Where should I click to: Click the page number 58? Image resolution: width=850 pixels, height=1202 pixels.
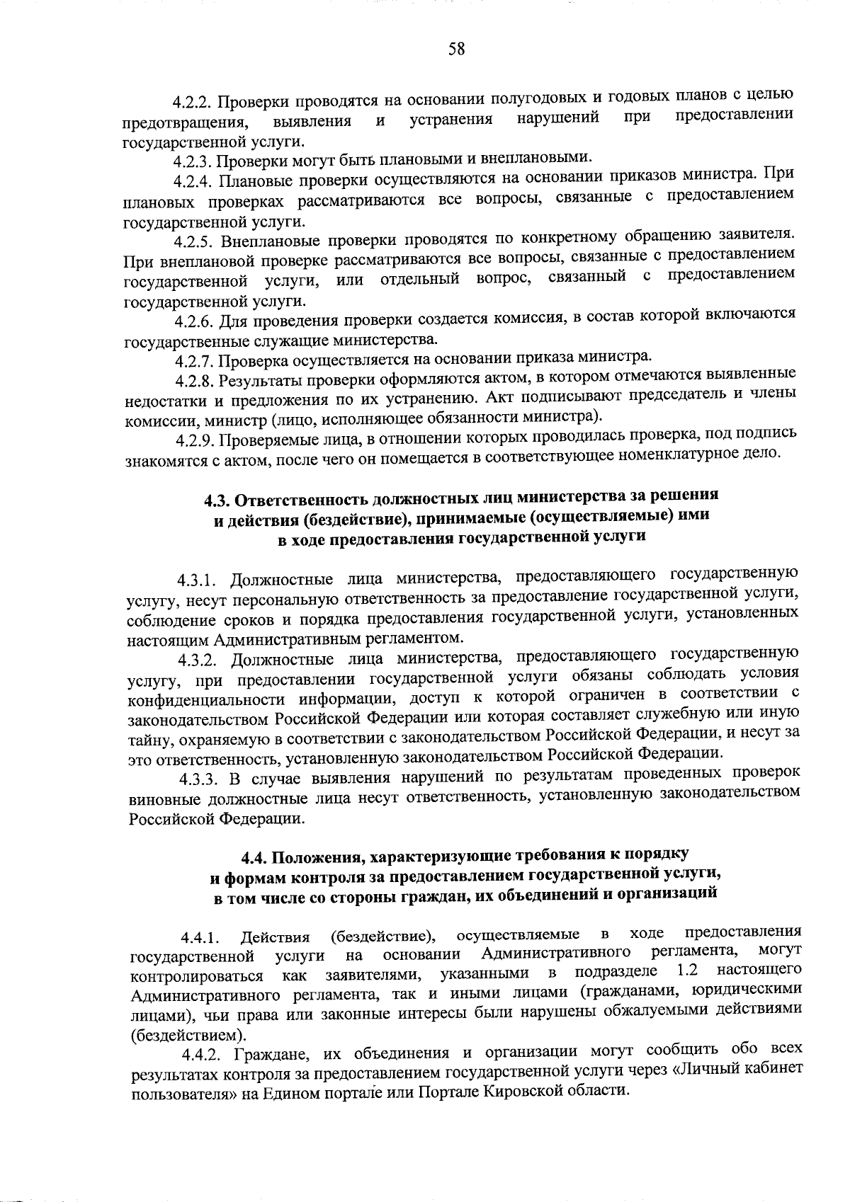456,50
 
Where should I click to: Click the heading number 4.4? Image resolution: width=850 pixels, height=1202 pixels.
254,858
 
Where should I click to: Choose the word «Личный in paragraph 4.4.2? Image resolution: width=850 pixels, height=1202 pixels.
706,1070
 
